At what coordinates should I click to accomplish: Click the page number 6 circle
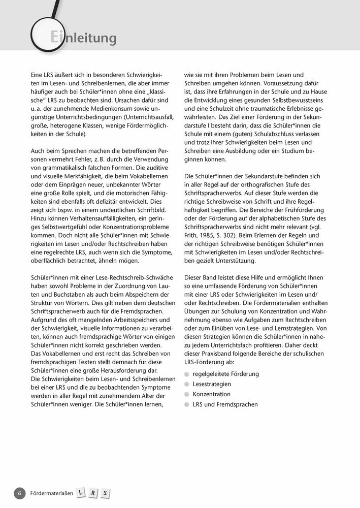(x=20, y=493)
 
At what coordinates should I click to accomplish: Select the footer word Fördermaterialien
(x=52, y=493)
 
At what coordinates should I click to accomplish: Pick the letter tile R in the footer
(x=93, y=493)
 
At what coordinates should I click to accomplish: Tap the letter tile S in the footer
(x=105, y=493)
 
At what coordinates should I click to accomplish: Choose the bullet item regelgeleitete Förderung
(x=225, y=374)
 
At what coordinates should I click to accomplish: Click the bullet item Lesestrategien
(x=212, y=384)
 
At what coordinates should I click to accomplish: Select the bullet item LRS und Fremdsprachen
(x=225, y=404)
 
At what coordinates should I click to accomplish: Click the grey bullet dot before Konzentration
(x=187, y=394)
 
